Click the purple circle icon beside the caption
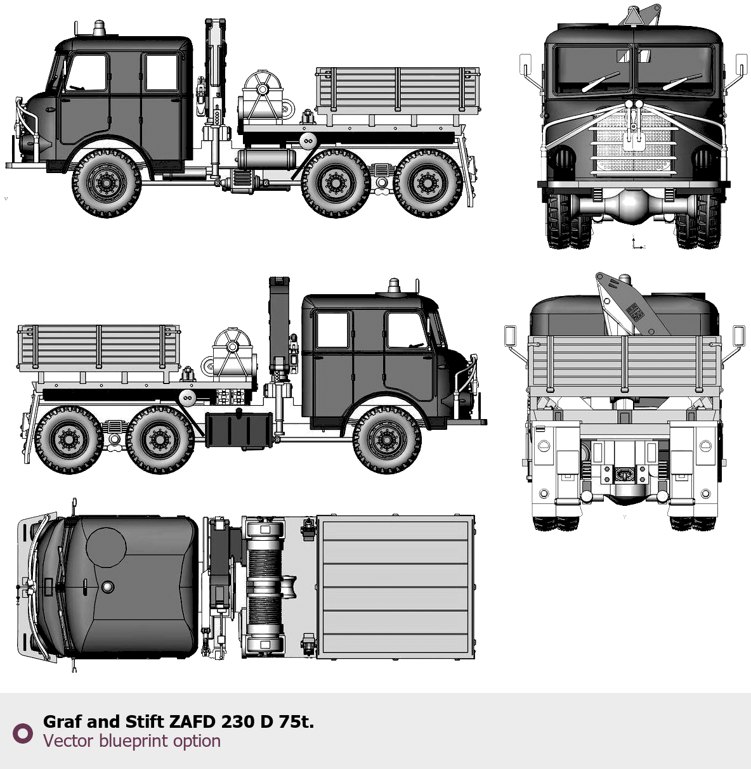(23, 733)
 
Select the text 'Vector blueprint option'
(132, 740)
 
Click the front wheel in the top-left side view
(106, 183)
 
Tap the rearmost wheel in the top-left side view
(428, 183)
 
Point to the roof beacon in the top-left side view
(99, 29)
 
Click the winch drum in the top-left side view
(261, 97)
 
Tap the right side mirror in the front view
(741, 65)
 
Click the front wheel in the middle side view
(387, 440)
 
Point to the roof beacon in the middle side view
(394, 286)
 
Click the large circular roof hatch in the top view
(106, 547)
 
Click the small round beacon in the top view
(107, 586)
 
